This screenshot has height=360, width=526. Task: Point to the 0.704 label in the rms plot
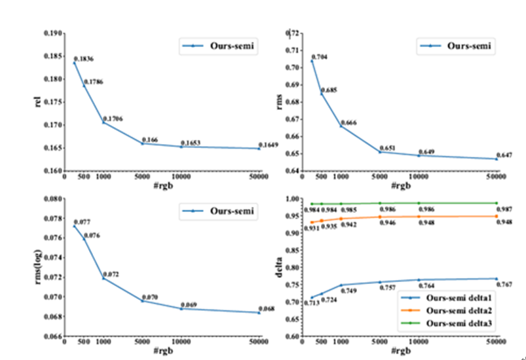(x=319, y=57)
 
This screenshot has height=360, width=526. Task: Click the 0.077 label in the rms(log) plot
(x=81, y=223)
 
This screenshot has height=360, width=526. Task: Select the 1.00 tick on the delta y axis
(x=292, y=198)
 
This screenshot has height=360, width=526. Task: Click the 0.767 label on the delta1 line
(x=504, y=284)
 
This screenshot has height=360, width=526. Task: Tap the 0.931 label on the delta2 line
(x=309, y=228)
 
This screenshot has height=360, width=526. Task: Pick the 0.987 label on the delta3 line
(x=504, y=209)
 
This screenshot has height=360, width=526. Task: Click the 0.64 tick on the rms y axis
(x=292, y=171)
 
